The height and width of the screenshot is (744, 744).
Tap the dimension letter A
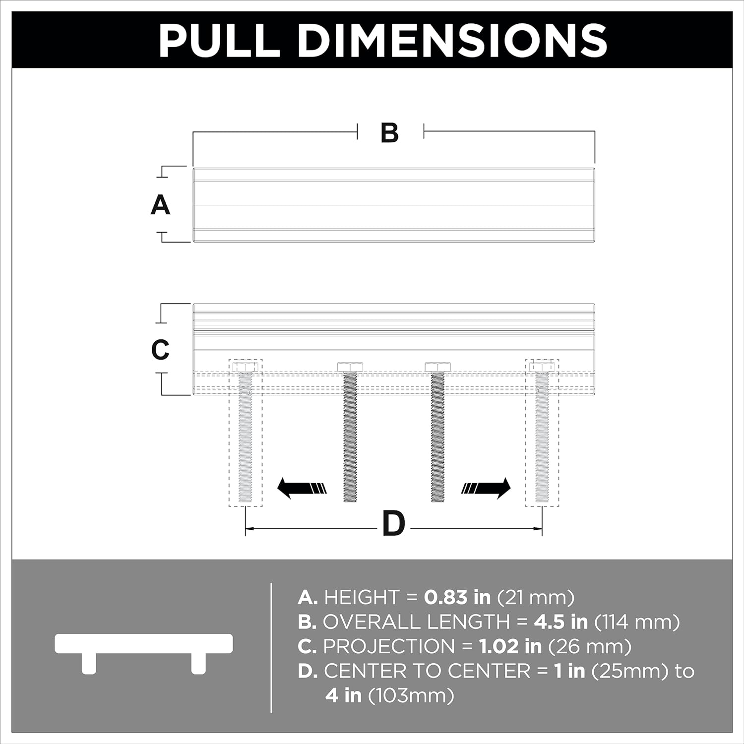[160, 205]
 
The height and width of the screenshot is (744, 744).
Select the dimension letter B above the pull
[390, 132]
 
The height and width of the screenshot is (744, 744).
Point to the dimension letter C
[160, 350]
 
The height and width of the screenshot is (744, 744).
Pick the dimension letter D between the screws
[394, 524]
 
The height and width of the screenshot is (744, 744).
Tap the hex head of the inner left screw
[350, 367]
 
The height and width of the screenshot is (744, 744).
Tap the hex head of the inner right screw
[438, 367]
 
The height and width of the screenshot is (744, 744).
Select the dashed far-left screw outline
[246, 433]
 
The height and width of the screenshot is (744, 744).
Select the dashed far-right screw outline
[542, 433]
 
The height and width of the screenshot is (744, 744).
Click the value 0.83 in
[457, 597]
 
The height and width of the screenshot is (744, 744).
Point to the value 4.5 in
[561, 622]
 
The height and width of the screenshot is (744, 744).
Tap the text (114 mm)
[637, 622]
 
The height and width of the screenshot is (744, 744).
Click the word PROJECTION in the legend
[389, 646]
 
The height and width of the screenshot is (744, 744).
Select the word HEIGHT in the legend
[362, 597]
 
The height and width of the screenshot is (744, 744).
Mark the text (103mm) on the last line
[411, 696]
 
